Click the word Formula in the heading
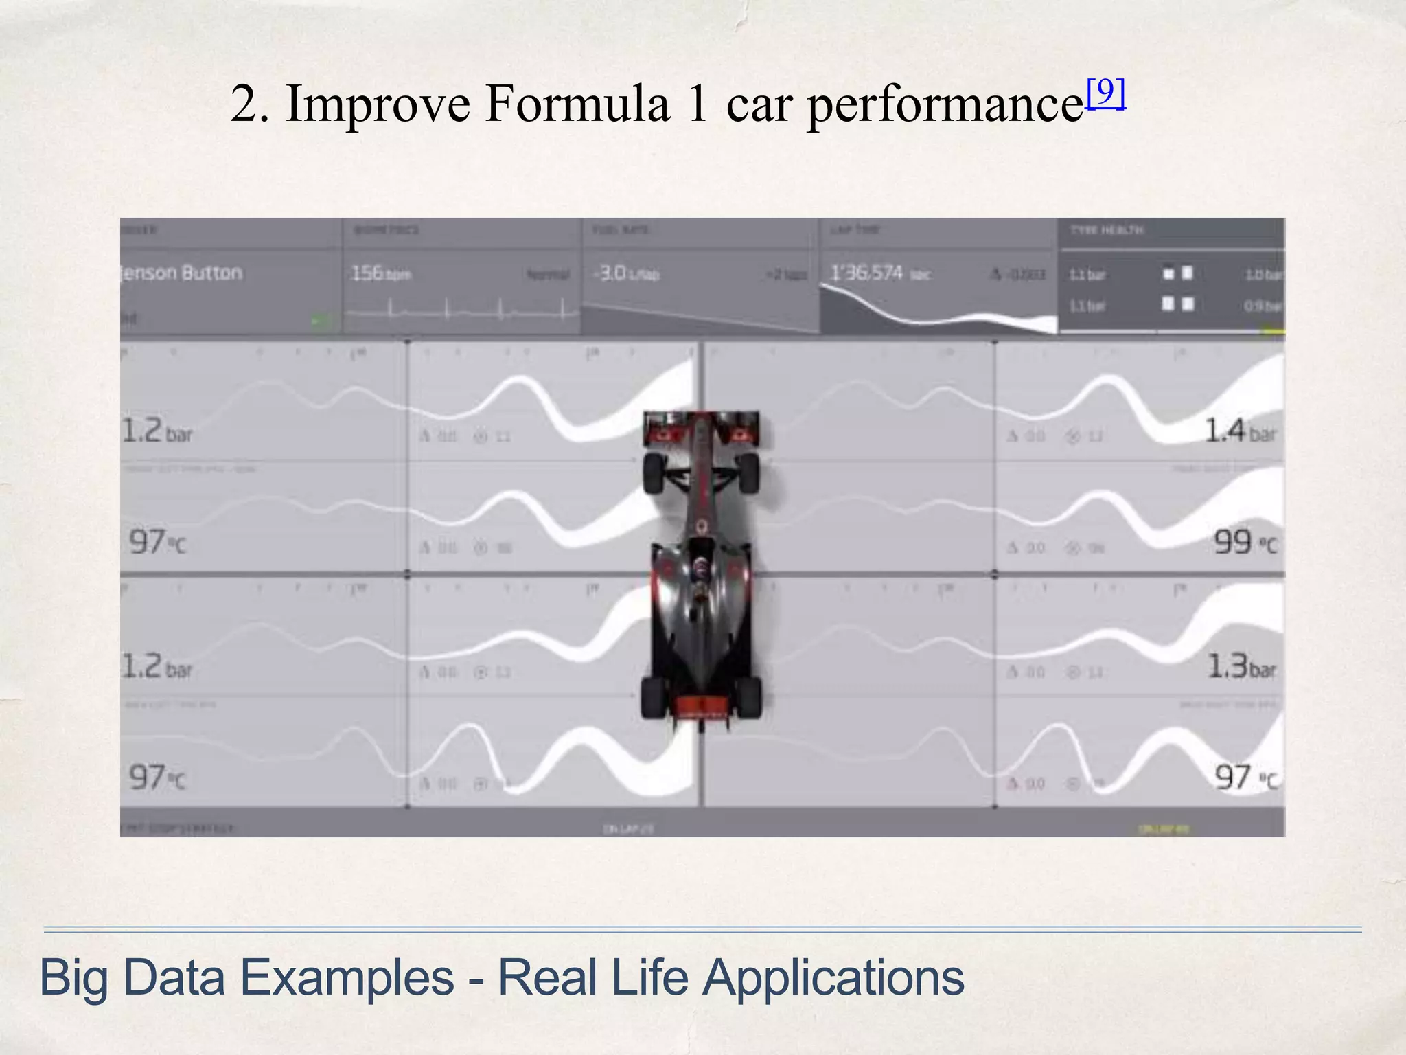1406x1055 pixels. pos(577,104)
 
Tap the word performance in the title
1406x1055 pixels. pos(945,105)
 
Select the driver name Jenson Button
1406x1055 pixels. pos(181,273)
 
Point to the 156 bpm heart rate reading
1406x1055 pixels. pos(381,273)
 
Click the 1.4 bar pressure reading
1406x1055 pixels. pos(1240,431)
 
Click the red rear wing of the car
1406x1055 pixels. pos(701,706)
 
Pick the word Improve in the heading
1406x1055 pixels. pos(378,104)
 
